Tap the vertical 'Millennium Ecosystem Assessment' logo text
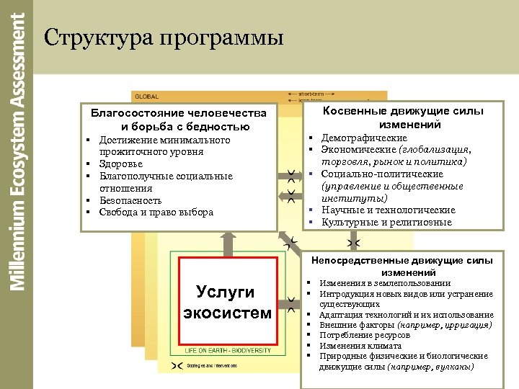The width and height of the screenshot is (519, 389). click(x=19, y=151)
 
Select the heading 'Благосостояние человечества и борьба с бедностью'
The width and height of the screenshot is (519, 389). click(x=178, y=120)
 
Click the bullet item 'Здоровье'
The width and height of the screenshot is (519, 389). click(x=120, y=164)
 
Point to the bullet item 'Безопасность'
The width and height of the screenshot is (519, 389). click(x=130, y=200)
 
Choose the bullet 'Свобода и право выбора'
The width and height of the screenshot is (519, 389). click(x=156, y=213)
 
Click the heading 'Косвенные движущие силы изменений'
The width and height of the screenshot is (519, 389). click(x=403, y=117)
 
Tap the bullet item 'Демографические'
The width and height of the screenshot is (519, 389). click(x=364, y=138)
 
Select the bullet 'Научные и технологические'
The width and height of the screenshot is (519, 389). click(x=389, y=210)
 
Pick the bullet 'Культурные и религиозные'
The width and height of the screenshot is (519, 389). click(x=386, y=222)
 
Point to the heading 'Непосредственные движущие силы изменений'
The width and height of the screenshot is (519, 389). click(x=402, y=266)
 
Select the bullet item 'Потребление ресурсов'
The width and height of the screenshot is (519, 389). click(x=365, y=336)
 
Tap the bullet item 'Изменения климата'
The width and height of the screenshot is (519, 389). click(x=358, y=346)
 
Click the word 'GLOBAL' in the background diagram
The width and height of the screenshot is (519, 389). click(x=146, y=97)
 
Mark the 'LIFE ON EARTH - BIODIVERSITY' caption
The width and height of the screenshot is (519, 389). click(x=228, y=351)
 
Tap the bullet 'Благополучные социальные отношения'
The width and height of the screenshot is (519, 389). click(x=166, y=182)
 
